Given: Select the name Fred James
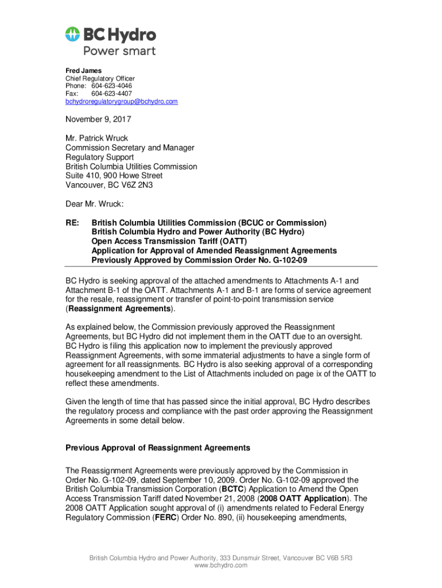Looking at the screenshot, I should coord(83,71).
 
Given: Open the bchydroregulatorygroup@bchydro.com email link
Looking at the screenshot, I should coord(121,102).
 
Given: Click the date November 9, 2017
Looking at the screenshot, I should coord(98,120).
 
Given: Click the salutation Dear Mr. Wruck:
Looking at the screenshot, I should coord(95,203).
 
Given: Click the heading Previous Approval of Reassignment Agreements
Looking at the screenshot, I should coord(158,448).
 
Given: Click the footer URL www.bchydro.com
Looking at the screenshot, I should coord(221,566).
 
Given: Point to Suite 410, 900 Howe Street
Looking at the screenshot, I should coord(114,176).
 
